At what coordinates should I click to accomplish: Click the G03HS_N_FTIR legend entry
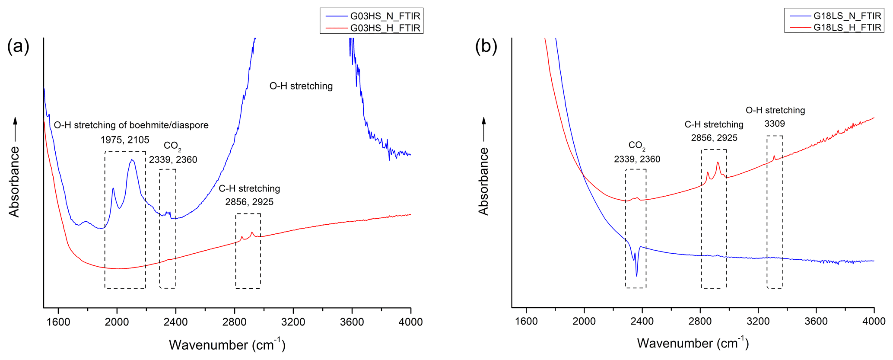(385, 16)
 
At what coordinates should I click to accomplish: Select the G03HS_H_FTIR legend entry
(385, 28)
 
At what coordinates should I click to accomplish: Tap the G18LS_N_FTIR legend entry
(847, 16)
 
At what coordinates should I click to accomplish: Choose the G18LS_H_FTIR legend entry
(847, 27)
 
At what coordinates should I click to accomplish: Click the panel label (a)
(18, 46)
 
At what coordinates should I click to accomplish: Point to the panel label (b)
(486, 46)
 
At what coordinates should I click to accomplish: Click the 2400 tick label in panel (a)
(175, 322)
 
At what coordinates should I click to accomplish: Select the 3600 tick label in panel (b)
(816, 322)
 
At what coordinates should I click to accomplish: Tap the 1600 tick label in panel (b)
(526, 322)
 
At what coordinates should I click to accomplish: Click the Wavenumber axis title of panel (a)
(227, 344)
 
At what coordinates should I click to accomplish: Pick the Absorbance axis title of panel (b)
(483, 181)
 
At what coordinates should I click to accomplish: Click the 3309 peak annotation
(775, 124)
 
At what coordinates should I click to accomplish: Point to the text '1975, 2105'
(125, 140)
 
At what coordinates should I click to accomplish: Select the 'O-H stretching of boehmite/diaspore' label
(131, 125)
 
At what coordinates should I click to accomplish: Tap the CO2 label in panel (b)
(637, 145)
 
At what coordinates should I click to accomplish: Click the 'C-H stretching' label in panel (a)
(249, 188)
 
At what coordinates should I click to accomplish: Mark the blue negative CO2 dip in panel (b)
(636, 275)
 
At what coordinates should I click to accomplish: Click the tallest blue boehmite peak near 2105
(132, 160)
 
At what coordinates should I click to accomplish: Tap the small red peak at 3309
(774, 156)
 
